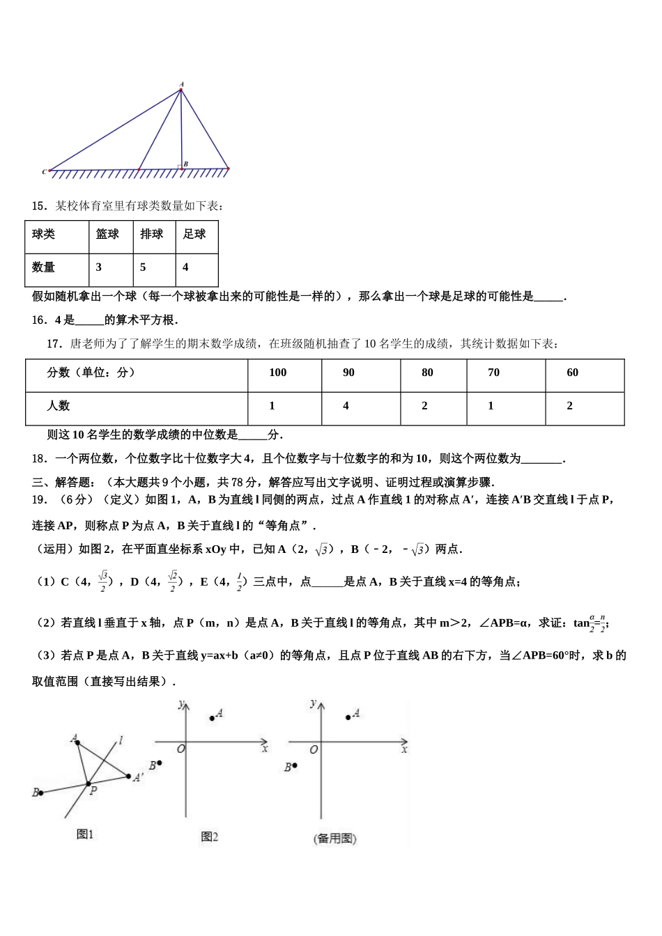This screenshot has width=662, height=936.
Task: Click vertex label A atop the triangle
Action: click(x=181, y=84)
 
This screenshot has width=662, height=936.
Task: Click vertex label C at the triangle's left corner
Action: click(x=44, y=171)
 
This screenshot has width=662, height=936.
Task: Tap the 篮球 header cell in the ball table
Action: click(x=107, y=235)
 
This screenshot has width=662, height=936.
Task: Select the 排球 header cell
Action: click(x=151, y=235)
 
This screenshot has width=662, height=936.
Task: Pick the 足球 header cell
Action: click(x=194, y=235)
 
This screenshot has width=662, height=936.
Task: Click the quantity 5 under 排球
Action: click(x=144, y=267)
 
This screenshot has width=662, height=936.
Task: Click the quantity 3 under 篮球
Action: click(x=99, y=267)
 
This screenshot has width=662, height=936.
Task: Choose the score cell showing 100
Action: click(x=278, y=373)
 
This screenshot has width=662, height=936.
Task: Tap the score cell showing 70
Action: click(x=494, y=373)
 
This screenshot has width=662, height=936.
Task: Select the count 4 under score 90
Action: click(x=346, y=406)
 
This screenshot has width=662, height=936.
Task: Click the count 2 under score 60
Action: click(x=570, y=406)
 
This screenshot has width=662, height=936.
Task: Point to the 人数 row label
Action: click(x=59, y=406)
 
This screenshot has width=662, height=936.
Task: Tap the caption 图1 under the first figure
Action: click(x=85, y=834)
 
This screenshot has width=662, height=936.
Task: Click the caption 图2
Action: click(x=209, y=836)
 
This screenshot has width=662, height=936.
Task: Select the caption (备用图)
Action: click(x=335, y=838)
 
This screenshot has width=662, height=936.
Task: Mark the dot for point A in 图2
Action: click(x=213, y=717)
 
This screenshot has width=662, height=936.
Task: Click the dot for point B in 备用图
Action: click(x=295, y=765)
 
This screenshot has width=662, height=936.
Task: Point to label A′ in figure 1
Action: click(x=138, y=778)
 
